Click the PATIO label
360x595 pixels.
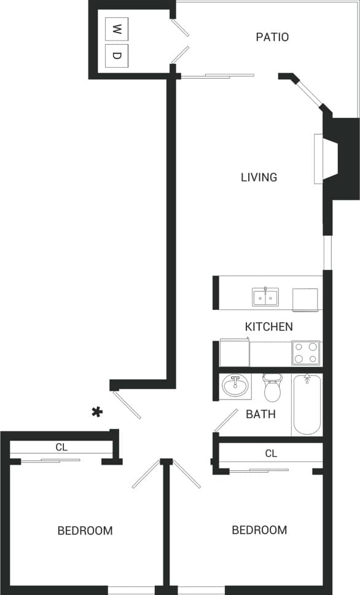(x=272, y=37)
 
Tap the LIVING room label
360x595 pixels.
(x=259, y=177)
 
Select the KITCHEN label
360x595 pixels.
(x=268, y=326)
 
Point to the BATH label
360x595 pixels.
(x=260, y=414)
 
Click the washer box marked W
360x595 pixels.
(x=117, y=28)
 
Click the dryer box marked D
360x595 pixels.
(x=117, y=56)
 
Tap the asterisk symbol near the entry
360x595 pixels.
(x=96, y=412)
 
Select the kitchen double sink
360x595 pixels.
(x=265, y=297)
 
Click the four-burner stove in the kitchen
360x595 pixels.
(x=305, y=353)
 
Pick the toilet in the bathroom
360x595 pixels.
(x=272, y=387)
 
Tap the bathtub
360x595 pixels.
(x=307, y=404)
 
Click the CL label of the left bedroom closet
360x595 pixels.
(x=61, y=447)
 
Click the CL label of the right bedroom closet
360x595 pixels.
(x=271, y=453)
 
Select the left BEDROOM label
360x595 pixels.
(x=85, y=530)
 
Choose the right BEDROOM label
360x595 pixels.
(x=259, y=529)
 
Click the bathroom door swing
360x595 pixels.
(x=225, y=420)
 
